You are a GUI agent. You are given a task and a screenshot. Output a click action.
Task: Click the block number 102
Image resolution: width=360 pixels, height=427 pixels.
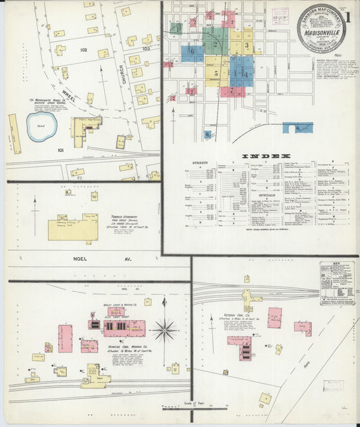[x=83, y=49]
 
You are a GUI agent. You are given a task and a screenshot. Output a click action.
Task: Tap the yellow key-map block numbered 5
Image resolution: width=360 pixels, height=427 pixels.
[x=217, y=72]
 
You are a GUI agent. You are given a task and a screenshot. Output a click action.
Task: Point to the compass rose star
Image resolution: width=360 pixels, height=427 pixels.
[x=164, y=330]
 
